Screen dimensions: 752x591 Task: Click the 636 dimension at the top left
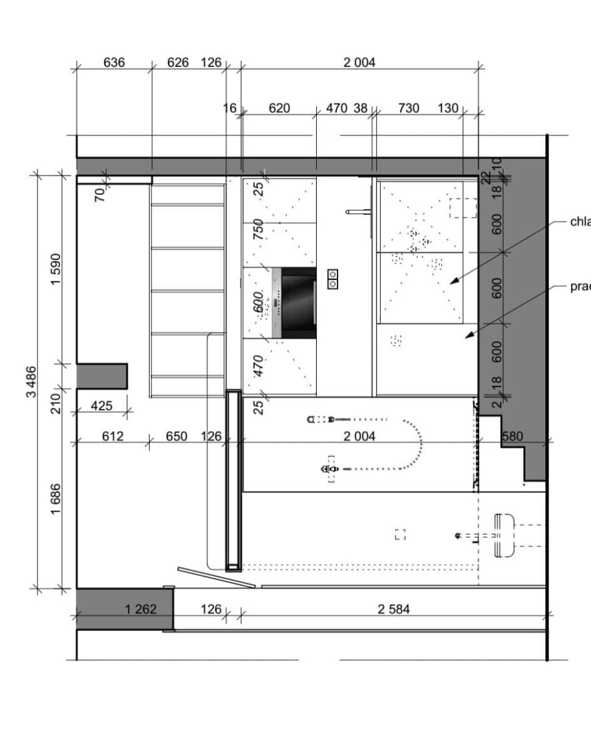click(114, 63)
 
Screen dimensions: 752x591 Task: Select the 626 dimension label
click(178, 63)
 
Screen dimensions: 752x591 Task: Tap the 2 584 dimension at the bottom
click(394, 608)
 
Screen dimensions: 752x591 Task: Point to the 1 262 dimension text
click(141, 608)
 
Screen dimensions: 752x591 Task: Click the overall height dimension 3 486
click(31, 382)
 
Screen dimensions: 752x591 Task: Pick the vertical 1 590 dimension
click(56, 268)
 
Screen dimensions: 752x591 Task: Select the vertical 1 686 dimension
click(56, 499)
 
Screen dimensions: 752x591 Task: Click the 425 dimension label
click(101, 406)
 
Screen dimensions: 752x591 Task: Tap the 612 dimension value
click(113, 436)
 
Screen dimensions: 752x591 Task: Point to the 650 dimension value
click(177, 436)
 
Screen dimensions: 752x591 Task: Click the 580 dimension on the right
click(512, 436)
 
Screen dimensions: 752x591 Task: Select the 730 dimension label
click(408, 108)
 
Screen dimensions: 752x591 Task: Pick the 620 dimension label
click(279, 108)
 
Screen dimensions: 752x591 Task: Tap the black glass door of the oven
click(299, 303)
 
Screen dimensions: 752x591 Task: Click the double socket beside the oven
click(333, 279)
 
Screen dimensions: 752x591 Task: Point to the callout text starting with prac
click(580, 287)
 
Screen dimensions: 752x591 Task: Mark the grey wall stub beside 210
click(101, 376)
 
